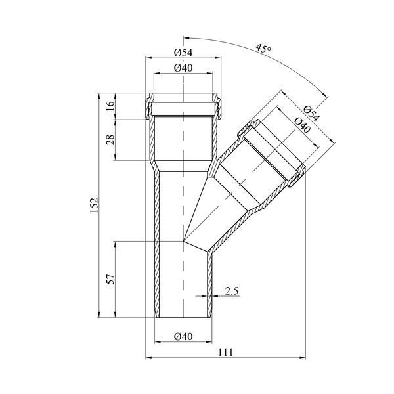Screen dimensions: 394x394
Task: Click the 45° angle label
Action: [263, 48]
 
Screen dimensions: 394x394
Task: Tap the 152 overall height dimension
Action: [94, 206]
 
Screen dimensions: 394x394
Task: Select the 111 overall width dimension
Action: [225, 352]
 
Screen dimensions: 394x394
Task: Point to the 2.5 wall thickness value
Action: [231, 291]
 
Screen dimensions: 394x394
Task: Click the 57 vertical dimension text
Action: [111, 279]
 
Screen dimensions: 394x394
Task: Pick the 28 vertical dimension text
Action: [111, 140]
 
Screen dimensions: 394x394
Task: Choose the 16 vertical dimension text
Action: [111, 106]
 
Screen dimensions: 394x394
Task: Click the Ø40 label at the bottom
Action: [183, 336]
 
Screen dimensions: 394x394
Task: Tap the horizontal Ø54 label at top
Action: [183, 53]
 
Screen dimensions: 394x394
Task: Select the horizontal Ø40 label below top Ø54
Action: [183, 68]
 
